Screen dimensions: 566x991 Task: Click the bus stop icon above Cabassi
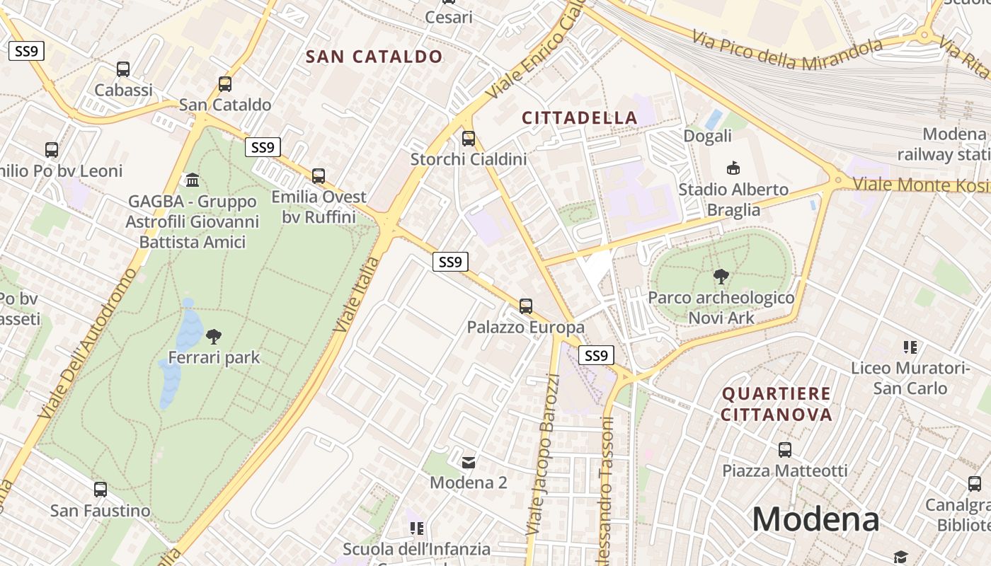click(123, 69)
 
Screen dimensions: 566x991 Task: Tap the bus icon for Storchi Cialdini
click(468, 139)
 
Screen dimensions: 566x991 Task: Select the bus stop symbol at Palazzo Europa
click(525, 306)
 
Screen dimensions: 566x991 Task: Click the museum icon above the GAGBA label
click(192, 180)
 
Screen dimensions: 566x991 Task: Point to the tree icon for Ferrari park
click(213, 337)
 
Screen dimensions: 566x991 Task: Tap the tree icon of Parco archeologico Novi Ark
click(721, 277)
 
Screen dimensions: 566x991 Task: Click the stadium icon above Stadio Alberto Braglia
click(733, 168)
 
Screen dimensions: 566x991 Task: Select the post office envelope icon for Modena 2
click(469, 463)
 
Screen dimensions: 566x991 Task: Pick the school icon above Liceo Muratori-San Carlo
click(910, 347)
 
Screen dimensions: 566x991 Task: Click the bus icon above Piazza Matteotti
click(784, 450)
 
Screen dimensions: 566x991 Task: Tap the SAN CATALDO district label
click(374, 57)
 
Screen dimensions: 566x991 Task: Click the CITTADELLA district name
click(580, 117)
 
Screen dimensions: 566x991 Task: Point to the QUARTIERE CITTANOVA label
click(777, 403)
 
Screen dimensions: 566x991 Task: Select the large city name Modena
click(815, 519)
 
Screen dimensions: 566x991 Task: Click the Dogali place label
click(707, 135)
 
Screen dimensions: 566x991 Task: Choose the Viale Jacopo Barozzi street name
click(543, 453)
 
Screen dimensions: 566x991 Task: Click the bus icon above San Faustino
click(101, 490)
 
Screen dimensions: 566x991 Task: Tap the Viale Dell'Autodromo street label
click(85, 343)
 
